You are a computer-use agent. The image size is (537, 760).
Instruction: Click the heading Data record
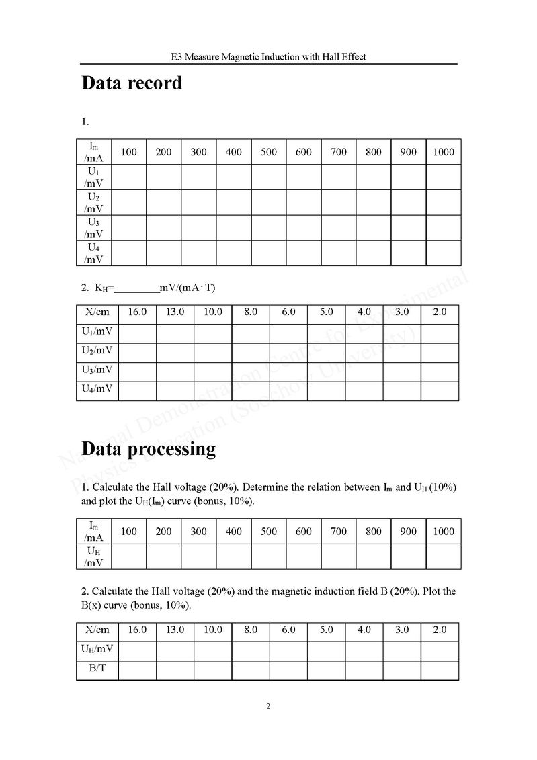(132, 83)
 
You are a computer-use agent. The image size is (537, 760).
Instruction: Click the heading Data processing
(149, 448)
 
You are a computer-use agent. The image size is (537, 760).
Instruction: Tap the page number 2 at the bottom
(268, 706)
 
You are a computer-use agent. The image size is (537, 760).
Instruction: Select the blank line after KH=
(137, 288)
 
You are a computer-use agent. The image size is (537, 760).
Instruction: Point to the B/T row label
(97, 670)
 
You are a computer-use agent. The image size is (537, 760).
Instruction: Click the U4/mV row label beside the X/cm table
(97, 388)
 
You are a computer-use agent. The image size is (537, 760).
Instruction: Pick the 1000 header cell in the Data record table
(444, 152)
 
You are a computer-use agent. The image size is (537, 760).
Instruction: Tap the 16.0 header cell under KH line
(137, 312)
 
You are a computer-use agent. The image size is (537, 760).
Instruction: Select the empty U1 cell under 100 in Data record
(128, 177)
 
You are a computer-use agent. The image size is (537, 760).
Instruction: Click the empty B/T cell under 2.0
(440, 670)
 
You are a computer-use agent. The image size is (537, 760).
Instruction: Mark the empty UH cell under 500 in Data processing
(269, 556)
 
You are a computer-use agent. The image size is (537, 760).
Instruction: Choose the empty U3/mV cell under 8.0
(251, 370)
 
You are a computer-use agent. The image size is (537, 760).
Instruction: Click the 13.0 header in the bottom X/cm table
(175, 630)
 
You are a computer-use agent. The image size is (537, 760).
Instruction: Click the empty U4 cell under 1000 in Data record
(444, 253)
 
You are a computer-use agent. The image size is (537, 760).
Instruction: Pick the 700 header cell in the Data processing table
(339, 532)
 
